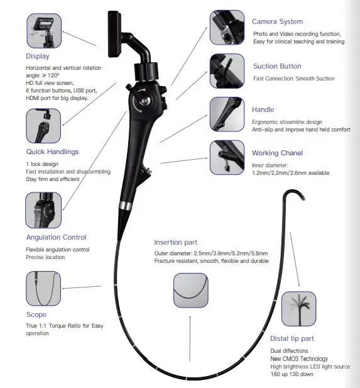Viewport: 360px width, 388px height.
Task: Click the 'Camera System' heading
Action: click(277, 21)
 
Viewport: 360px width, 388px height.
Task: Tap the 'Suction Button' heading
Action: click(276, 66)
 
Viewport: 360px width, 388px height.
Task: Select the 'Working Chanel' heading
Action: click(277, 153)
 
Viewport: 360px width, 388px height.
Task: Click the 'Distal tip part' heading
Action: click(292, 339)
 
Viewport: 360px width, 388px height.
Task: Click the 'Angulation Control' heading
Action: click(57, 237)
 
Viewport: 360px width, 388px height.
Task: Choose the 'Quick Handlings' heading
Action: click(53, 152)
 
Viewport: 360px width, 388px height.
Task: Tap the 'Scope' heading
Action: click(36, 314)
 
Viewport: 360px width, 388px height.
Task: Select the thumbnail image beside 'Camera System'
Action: click(227, 27)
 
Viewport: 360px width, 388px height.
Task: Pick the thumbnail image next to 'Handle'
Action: click(227, 114)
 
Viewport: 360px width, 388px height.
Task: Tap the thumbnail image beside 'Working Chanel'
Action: click(227, 157)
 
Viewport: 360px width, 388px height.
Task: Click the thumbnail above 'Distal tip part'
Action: click(298, 309)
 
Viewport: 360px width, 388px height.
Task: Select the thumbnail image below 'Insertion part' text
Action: click(190, 291)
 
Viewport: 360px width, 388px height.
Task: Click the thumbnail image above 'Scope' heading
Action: click(43, 289)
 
